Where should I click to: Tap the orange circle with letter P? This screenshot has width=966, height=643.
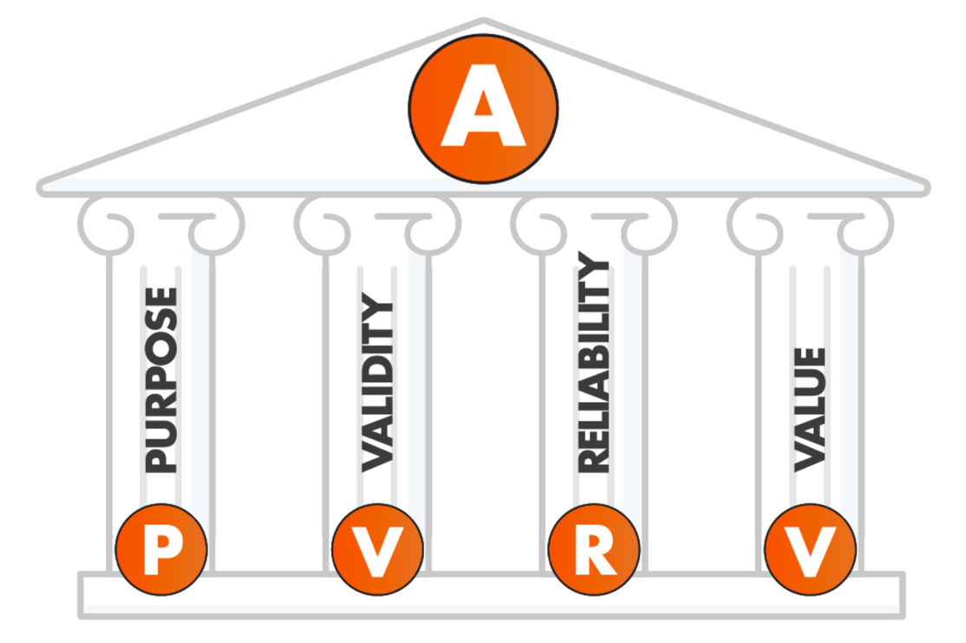click(161, 549)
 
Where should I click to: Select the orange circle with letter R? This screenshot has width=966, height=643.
click(594, 549)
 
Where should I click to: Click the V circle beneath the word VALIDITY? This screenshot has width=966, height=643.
click(377, 549)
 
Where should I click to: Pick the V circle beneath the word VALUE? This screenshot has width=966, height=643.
click(810, 549)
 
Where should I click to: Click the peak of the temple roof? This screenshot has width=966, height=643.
click(483, 22)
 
